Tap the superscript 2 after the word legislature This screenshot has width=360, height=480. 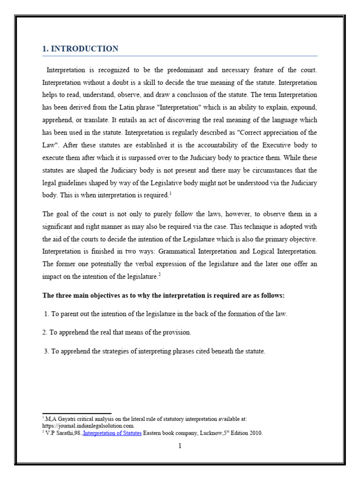[159, 275]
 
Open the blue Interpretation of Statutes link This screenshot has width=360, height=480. [112, 434]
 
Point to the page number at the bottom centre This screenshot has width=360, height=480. [180, 446]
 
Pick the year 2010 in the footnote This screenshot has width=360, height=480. [255, 434]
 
